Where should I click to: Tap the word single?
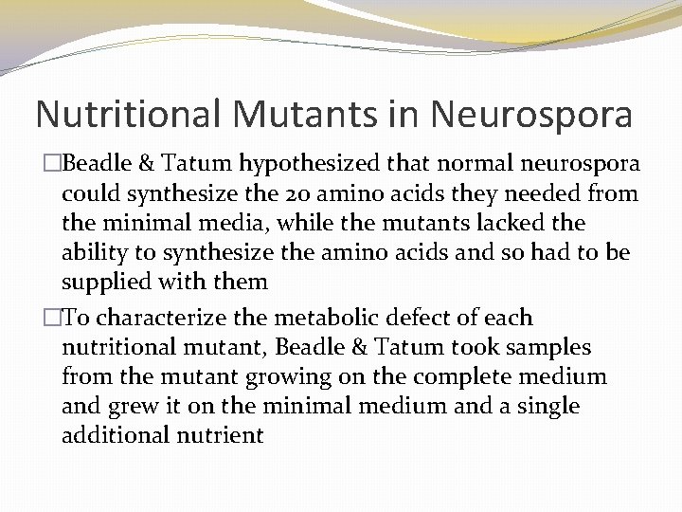pyautogui.click(x=552, y=406)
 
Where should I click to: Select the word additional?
pyautogui.click(x=110, y=434)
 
